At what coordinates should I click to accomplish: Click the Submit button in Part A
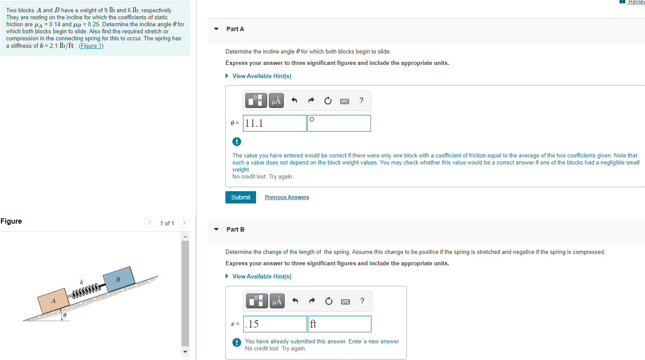pyautogui.click(x=240, y=197)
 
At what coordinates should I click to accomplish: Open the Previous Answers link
pyautogui.click(x=287, y=197)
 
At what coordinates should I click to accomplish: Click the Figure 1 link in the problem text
pyautogui.click(x=91, y=46)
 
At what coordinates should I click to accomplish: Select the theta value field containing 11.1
pyautogui.click(x=274, y=123)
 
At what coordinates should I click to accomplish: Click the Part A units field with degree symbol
pyautogui.click(x=339, y=123)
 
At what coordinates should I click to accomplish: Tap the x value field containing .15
pyautogui.click(x=275, y=324)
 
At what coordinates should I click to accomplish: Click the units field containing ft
pyautogui.click(x=339, y=324)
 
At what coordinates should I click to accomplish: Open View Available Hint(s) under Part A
pyautogui.click(x=261, y=76)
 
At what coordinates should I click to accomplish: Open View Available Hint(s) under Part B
pyautogui.click(x=261, y=276)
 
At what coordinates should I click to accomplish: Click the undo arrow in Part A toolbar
pyautogui.click(x=294, y=101)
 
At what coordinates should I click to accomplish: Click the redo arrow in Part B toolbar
pyautogui.click(x=312, y=301)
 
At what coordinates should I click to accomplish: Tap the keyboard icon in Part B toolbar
pyautogui.click(x=346, y=301)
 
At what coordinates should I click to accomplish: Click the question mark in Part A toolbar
pyautogui.click(x=361, y=100)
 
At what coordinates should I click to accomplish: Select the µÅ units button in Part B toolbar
pyautogui.click(x=277, y=301)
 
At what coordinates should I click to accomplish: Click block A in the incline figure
pyautogui.click(x=53, y=301)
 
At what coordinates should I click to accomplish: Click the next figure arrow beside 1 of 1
pyautogui.click(x=184, y=223)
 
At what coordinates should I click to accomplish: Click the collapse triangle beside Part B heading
pyautogui.click(x=216, y=229)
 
